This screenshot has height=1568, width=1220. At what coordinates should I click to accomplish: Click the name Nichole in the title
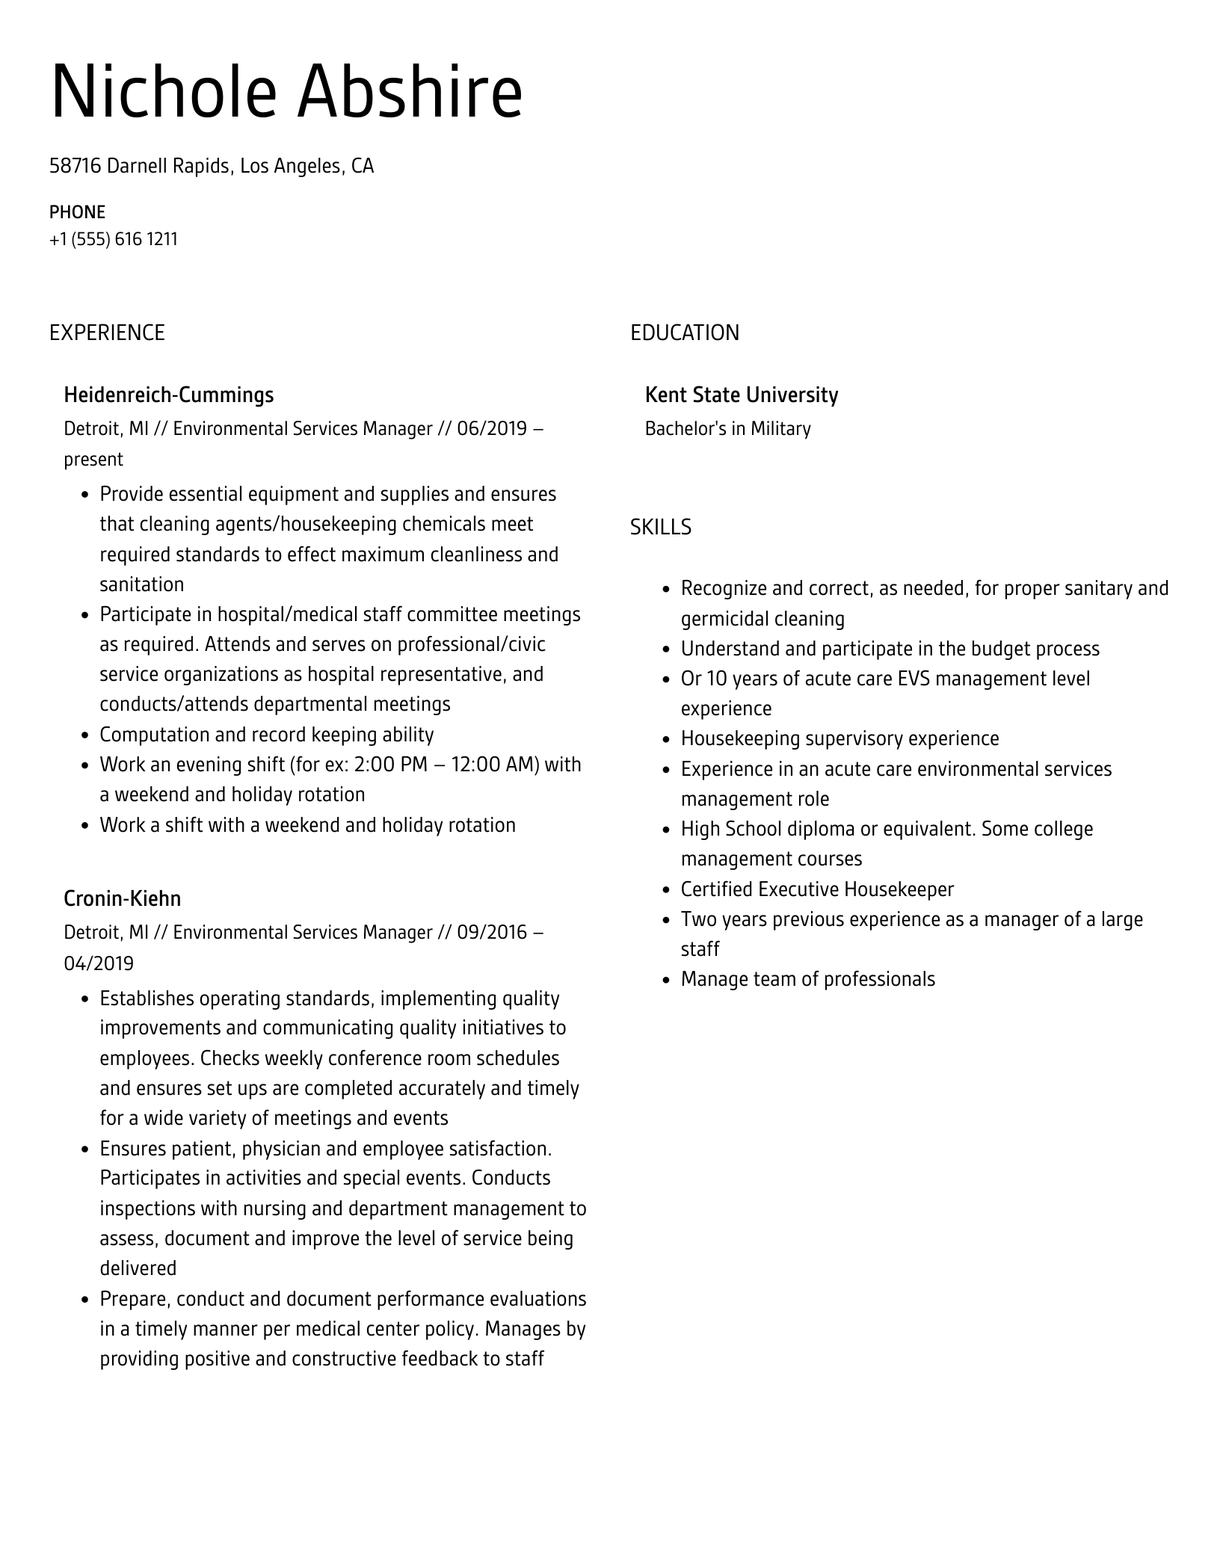click(x=163, y=93)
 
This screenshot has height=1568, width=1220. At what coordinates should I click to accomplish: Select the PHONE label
click(x=77, y=212)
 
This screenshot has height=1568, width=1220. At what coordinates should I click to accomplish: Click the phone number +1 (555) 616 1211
click(x=114, y=239)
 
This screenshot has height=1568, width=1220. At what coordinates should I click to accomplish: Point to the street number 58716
click(x=75, y=166)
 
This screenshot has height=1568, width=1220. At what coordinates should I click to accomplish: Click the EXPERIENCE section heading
click(x=107, y=333)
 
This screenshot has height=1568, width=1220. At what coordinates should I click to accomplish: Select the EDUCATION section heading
click(x=684, y=333)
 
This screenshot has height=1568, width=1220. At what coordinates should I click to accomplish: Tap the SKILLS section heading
click(x=660, y=527)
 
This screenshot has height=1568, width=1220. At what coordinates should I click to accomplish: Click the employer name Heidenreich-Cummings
click(x=168, y=395)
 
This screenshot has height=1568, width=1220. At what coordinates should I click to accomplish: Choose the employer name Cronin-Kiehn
click(x=122, y=898)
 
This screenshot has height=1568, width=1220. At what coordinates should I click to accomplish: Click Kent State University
click(x=741, y=395)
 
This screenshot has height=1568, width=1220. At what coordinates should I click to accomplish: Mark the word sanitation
click(x=141, y=584)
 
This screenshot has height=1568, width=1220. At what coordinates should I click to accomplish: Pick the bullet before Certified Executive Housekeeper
click(x=666, y=890)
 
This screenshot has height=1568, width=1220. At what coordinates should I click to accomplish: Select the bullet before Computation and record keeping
click(x=85, y=735)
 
